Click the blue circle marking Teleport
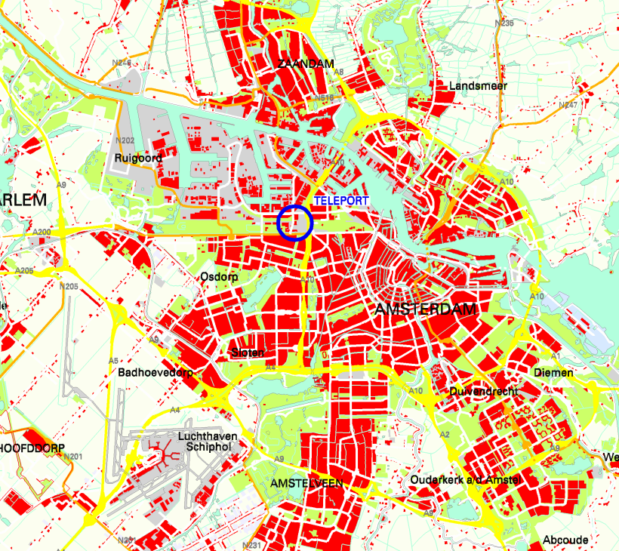(294, 223)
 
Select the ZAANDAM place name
(306, 64)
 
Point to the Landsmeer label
(478, 86)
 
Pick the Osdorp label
(220, 277)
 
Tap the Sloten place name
(248, 352)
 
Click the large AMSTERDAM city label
(427, 310)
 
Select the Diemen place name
(553, 373)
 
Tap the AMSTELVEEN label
(306, 483)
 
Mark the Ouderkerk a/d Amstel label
(466, 480)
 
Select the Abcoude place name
(565, 540)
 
